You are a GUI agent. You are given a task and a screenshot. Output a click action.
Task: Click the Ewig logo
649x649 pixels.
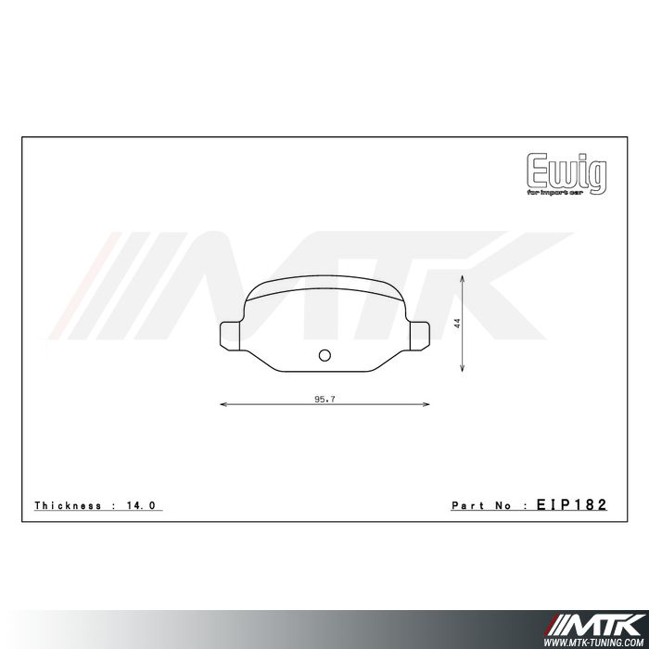tap(566, 170)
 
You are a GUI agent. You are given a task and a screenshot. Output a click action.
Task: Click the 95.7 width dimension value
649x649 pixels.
tap(324, 399)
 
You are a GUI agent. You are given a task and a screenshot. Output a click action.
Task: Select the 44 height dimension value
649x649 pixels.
tap(457, 323)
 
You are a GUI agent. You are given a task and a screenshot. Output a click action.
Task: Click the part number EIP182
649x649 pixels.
tap(571, 505)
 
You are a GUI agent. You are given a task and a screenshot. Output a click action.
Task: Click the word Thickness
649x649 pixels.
tap(68, 506)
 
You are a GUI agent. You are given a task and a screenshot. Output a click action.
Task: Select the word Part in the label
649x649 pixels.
tap(466, 506)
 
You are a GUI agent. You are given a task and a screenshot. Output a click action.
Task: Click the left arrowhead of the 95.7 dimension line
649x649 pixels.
tap(223, 404)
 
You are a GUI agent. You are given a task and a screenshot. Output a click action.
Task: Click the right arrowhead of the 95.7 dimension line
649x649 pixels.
tap(426, 404)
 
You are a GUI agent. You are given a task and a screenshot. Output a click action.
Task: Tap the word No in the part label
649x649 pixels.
tap(503, 506)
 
